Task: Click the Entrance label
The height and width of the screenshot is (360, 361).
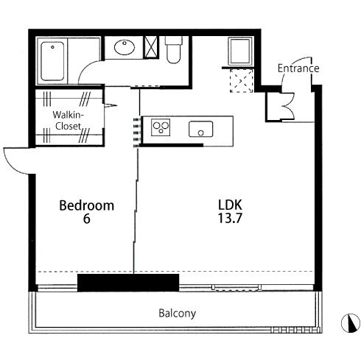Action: tap(298, 68)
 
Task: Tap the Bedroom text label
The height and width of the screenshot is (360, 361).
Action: tap(87, 205)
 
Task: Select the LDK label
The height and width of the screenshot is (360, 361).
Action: tap(230, 205)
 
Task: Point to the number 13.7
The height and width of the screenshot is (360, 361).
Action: tap(230, 218)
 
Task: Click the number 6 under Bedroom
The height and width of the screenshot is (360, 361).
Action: tap(87, 219)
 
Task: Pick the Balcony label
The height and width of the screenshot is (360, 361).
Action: tap(178, 314)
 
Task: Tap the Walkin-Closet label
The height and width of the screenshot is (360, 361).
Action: tap(69, 120)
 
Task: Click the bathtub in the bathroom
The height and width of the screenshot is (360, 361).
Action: tap(52, 61)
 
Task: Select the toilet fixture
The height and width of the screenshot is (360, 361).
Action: tap(174, 50)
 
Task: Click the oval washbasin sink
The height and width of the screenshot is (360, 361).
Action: tap(125, 47)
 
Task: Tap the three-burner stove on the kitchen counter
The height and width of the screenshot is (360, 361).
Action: tap(161, 127)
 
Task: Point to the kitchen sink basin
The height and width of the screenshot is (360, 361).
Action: tap(201, 129)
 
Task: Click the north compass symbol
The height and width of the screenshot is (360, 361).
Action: tap(351, 323)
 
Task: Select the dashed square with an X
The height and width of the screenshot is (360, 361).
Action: tap(242, 81)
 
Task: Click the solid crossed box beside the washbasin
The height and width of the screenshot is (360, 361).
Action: tap(151, 47)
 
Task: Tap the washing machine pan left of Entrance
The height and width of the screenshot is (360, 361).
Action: tap(240, 52)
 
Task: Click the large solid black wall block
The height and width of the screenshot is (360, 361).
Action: tap(128, 283)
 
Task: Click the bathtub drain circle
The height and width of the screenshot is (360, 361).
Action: tap(52, 47)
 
